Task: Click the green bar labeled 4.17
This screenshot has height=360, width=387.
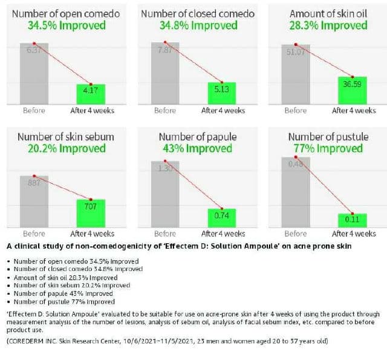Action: [x=91, y=93]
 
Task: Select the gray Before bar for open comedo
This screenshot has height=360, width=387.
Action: [x=34, y=73]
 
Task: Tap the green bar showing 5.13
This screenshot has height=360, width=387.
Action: [x=222, y=93]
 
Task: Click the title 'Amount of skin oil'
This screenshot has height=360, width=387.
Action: [x=328, y=13]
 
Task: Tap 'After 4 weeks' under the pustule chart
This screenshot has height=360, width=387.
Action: [x=354, y=234]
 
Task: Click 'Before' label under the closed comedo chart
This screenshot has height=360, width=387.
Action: [x=165, y=111]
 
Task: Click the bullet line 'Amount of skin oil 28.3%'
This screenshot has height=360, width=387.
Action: [x=65, y=277]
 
